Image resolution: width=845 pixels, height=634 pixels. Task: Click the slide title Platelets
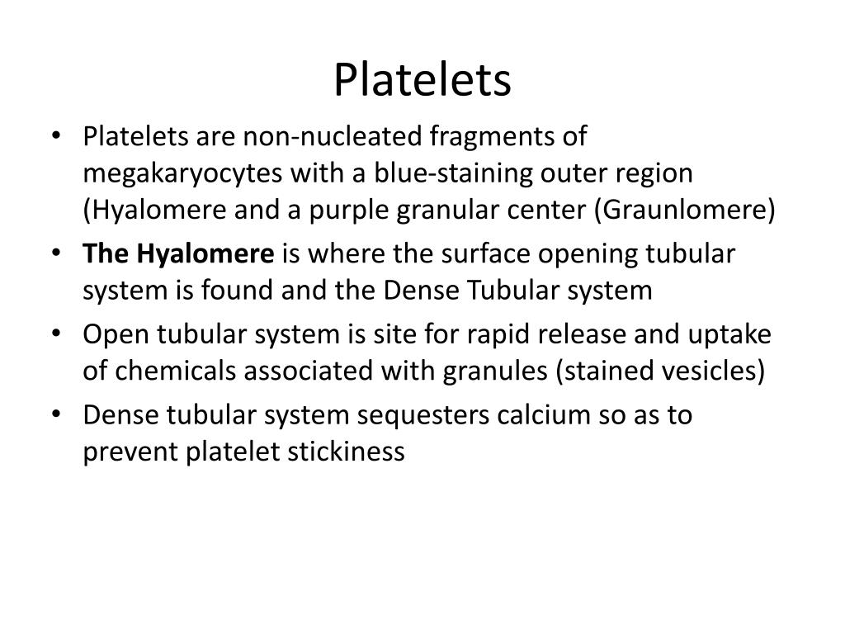tap(422, 80)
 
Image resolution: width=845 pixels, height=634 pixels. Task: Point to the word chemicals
tap(170, 370)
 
